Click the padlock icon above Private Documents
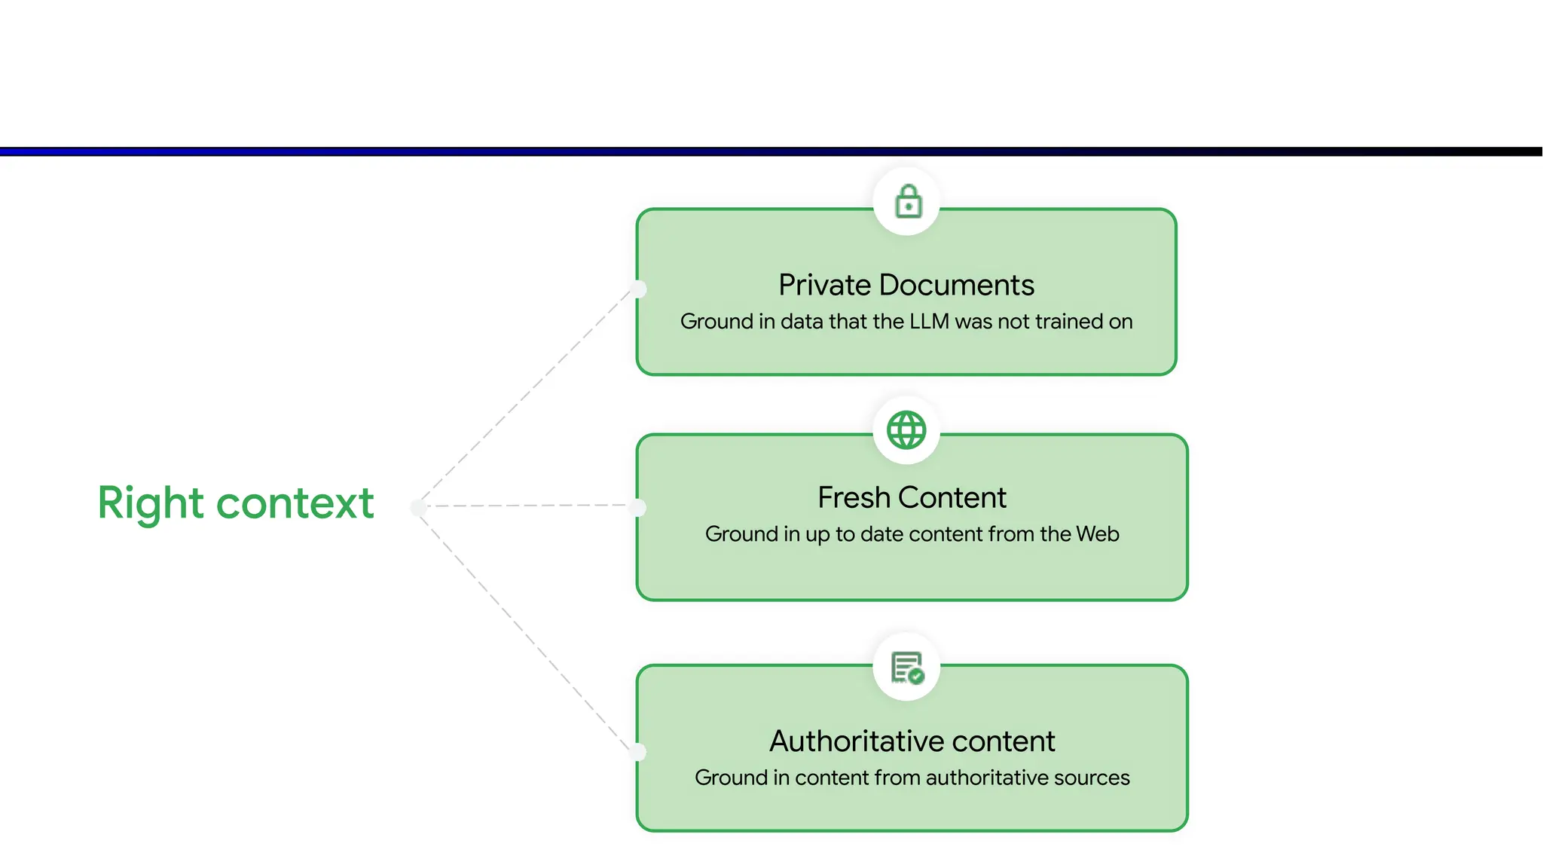pyautogui.click(x=908, y=202)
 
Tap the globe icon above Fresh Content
pyautogui.click(x=906, y=430)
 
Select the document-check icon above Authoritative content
pyautogui.click(x=907, y=668)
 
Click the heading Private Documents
pyautogui.click(x=906, y=286)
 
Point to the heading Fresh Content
pyautogui.click(x=912, y=498)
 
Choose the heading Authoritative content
pyautogui.click(x=912, y=741)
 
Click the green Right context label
pyautogui.click(x=236, y=503)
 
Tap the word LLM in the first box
pyautogui.click(x=929, y=322)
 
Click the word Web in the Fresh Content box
pyautogui.click(x=1098, y=534)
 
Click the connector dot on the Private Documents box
pyautogui.click(x=638, y=289)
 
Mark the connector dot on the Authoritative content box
pyautogui.click(x=638, y=751)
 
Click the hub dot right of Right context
pyautogui.click(x=419, y=507)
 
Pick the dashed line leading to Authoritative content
pyautogui.click(x=527, y=629)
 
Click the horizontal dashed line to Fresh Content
pyautogui.click(x=527, y=506)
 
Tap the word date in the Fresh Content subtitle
pyautogui.click(x=881, y=534)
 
